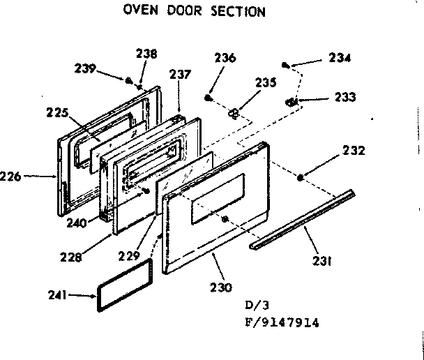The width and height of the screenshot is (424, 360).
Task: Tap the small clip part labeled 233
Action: tap(294, 102)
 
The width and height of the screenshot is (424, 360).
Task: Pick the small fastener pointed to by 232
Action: tap(300, 178)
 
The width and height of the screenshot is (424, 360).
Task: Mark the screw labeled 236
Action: tap(209, 93)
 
